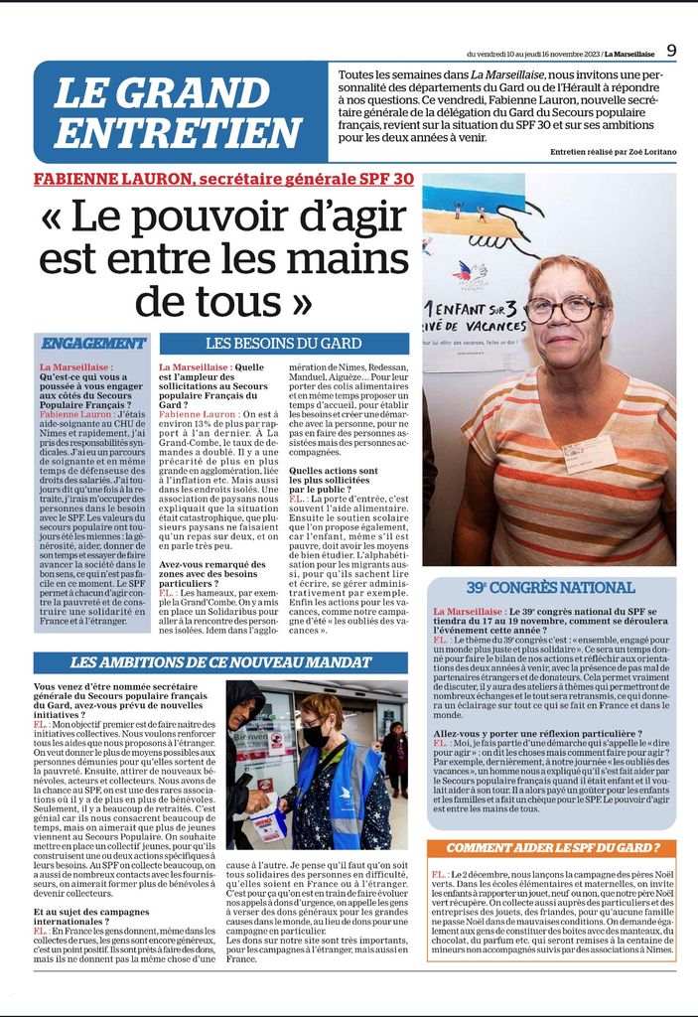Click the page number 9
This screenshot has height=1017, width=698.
[x=672, y=50]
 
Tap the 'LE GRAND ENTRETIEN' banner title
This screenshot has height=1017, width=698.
[x=177, y=112]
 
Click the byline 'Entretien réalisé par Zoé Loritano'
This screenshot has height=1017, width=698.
[x=613, y=151]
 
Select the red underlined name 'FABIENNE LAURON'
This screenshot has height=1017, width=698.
[x=112, y=179]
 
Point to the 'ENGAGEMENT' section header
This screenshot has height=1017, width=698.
[x=92, y=343]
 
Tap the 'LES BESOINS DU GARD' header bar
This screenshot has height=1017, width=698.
[x=284, y=344]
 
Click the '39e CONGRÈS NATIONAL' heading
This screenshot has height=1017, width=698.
[x=550, y=587]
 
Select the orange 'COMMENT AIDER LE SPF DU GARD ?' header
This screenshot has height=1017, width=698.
[x=552, y=847]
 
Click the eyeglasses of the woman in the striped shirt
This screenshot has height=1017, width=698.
[x=565, y=308]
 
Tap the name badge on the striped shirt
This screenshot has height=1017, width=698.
[x=590, y=454]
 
